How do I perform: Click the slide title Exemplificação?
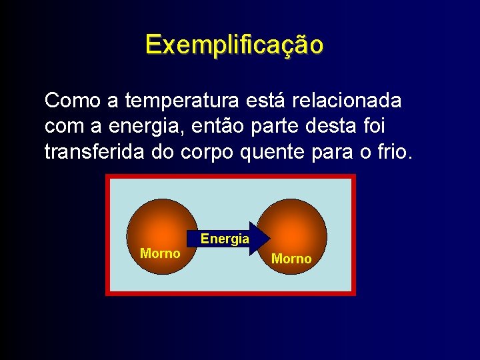coord(234,45)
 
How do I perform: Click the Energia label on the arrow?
coord(225,239)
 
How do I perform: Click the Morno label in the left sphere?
coord(160,253)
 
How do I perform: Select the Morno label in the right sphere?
coord(291,259)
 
